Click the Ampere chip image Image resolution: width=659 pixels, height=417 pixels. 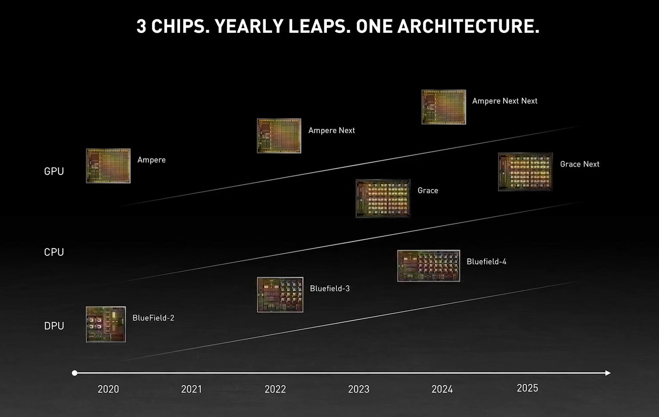click(108, 166)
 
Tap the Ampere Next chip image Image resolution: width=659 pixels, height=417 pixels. click(279, 136)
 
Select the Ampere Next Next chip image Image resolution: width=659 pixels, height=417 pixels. click(444, 107)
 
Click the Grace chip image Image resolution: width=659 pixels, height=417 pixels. click(383, 199)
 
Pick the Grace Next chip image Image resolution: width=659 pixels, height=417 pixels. click(525, 172)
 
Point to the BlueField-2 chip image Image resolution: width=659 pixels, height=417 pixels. click(106, 324)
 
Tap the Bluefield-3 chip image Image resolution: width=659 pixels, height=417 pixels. click(280, 295)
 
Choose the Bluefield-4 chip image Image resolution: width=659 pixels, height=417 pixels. click(429, 266)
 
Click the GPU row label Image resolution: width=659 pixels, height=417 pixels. click(54, 171)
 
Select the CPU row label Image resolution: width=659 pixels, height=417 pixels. click(54, 252)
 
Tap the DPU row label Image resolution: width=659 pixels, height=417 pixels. click(54, 326)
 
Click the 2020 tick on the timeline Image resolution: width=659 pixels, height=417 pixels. click(108, 389)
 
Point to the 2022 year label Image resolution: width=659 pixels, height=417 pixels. click(275, 389)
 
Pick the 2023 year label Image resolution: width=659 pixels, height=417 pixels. click(359, 389)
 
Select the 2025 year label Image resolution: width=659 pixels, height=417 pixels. click(527, 388)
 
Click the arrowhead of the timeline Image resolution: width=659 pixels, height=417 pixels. click(608, 373)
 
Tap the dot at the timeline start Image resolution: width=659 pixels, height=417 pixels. click(74, 373)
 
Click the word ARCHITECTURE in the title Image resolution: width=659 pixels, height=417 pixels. click(468, 26)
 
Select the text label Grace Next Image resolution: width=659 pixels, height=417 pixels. click(580, 164)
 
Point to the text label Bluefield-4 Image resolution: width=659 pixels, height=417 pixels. click(486, 261)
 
